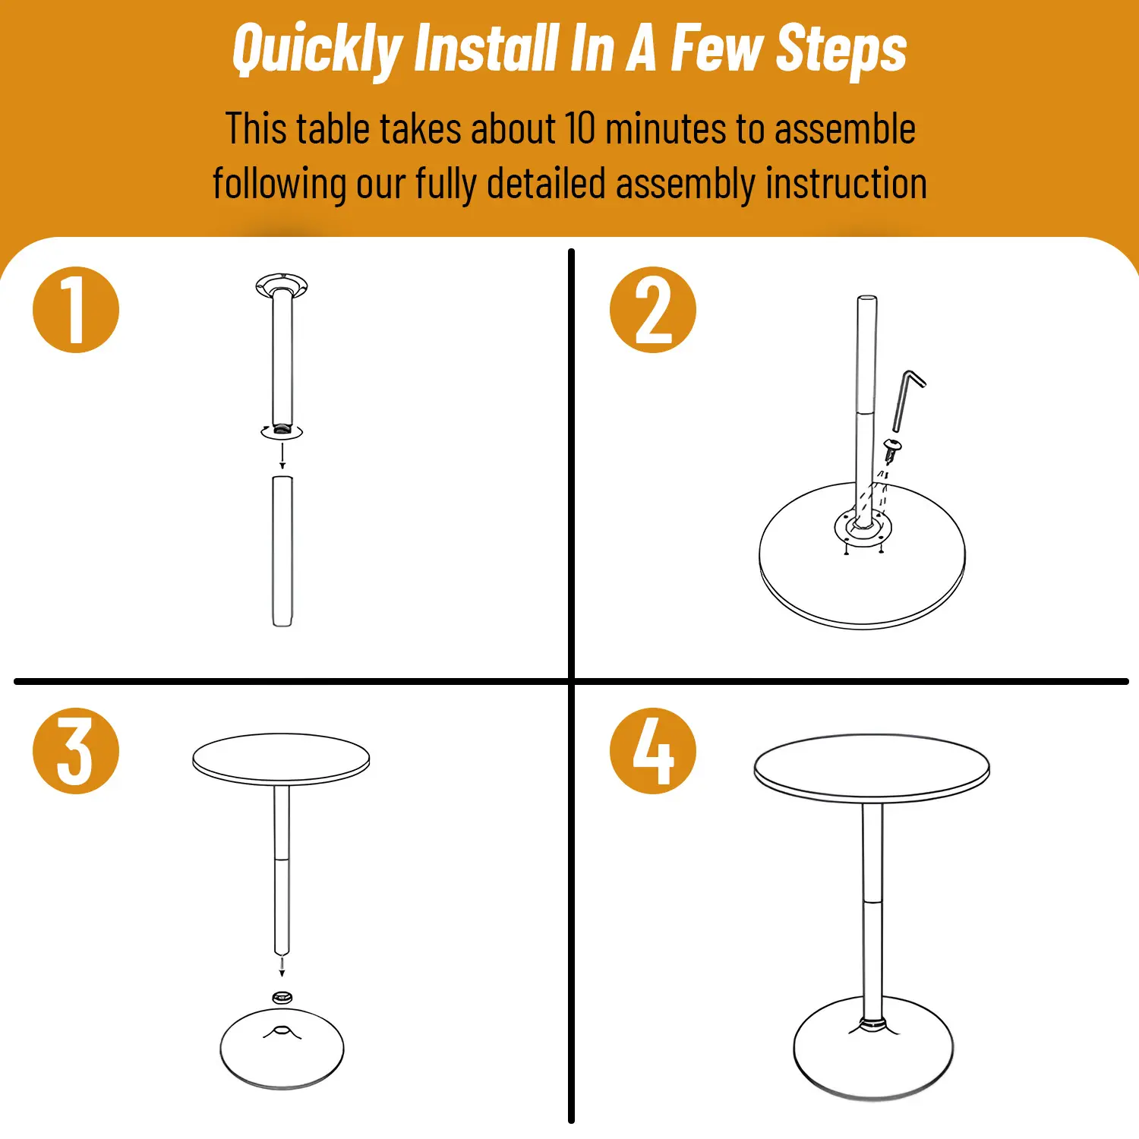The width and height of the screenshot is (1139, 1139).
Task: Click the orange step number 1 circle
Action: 76,310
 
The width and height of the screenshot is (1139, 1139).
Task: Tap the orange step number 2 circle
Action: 653,310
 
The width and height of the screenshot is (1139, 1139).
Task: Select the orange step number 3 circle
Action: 76,751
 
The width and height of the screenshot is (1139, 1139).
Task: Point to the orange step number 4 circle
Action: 653,751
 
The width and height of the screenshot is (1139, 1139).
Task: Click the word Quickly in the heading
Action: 317,50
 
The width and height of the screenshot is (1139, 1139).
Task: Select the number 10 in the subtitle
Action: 580,128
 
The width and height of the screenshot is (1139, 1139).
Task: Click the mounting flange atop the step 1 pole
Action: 282,286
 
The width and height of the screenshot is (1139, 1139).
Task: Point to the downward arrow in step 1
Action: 282,456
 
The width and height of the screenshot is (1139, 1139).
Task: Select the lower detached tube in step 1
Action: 282,551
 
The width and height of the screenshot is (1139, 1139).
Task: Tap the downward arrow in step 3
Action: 282,967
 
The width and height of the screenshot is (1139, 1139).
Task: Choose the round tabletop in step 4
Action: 872,768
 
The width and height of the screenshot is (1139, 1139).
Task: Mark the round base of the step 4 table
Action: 873,1048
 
